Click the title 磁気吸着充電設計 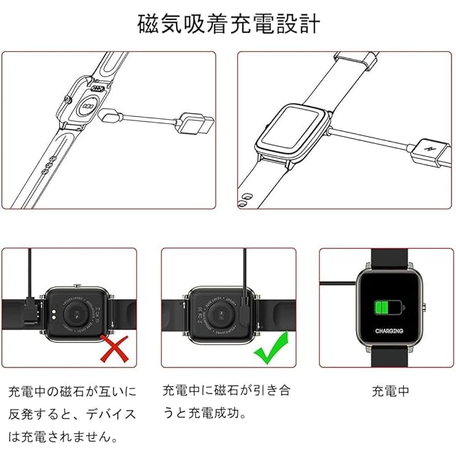(x=228, y=24)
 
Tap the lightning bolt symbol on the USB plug (x=430, y=150)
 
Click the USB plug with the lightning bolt (x=430, y=150)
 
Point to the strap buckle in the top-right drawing (x=353, y=60)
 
